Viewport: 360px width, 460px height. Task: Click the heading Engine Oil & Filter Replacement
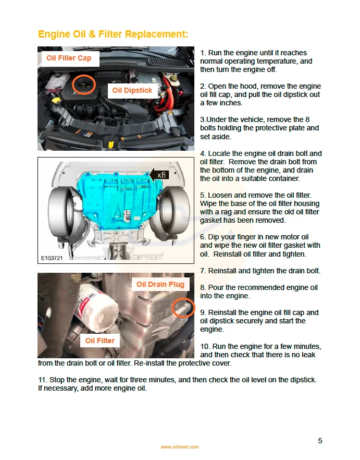coord(113,34)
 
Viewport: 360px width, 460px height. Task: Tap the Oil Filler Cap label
coord(69,58)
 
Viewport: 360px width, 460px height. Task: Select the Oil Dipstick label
coord(132,90)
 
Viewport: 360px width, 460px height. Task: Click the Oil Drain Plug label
coord(160,284)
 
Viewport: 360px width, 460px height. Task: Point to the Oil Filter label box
coord(100,341)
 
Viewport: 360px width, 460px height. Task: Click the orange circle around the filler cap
coord(83,84)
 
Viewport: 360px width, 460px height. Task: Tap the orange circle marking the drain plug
coord(182,308)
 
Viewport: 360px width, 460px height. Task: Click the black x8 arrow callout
coord(159,175)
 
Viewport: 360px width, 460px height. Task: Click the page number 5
coord(320,441)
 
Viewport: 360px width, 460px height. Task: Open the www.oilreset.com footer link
coord(180,447)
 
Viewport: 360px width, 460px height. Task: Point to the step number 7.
coord(203,271)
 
